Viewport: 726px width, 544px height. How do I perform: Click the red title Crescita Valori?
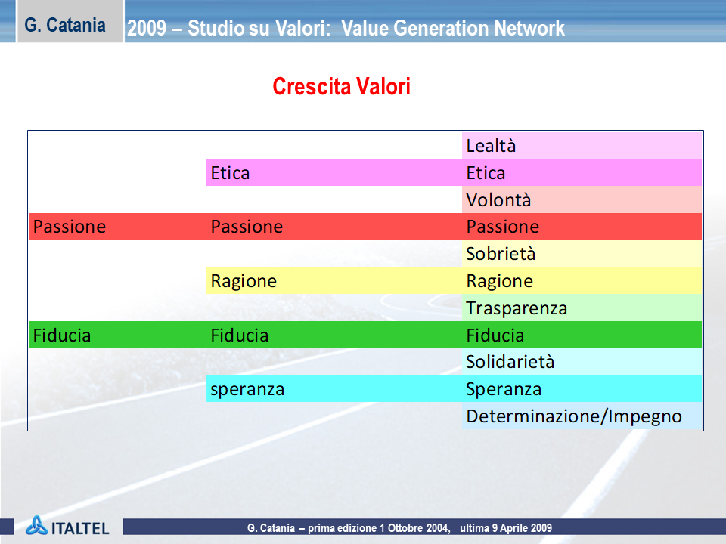tap(341, 86)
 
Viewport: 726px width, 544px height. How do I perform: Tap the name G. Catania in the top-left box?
tap(65, 25)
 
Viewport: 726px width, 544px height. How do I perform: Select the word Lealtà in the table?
tap(491, 146)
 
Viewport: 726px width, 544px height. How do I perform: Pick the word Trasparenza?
tap(517, 308)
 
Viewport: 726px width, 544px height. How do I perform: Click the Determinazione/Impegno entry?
tap(574, 416)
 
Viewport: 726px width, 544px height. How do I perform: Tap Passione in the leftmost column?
tap(70, 227)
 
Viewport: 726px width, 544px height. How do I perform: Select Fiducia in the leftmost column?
tap(62, 335)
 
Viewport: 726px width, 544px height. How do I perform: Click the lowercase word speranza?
tap(247, 390)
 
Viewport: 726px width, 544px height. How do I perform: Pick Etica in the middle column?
tap(230, 173)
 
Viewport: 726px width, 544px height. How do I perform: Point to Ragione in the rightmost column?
tap(500, 281)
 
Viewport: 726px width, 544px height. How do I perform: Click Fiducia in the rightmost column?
tap(495, 335)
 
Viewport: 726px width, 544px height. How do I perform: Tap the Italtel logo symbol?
tap(36, 526)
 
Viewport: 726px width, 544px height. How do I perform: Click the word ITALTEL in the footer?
tap(80, 528)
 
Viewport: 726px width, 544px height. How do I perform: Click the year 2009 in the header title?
tap(147, 28)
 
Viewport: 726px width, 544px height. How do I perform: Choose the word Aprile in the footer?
tap(515, 528)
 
